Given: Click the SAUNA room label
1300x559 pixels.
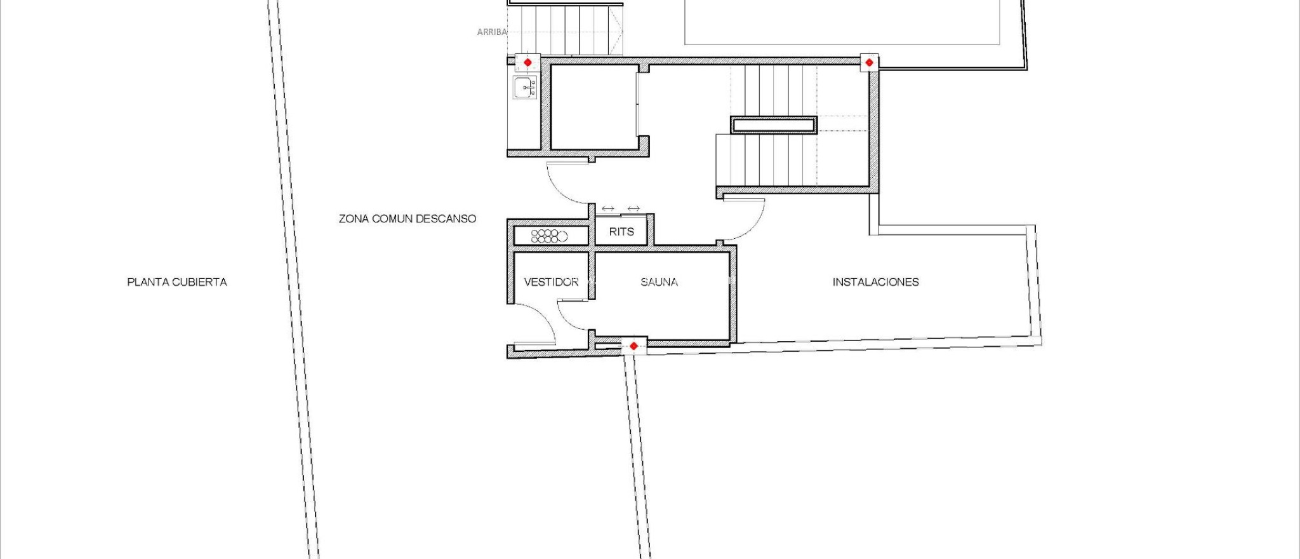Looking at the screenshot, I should pos(659,282).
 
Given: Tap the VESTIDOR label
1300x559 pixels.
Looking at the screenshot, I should pos(551,282).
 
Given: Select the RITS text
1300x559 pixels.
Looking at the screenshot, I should pos(621,232).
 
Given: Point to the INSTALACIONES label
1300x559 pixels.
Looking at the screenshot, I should pos(875,282).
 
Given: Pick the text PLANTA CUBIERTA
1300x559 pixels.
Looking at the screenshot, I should pos(176,282).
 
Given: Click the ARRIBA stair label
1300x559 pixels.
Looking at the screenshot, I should pos(491,32).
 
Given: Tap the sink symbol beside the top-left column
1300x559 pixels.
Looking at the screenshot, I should pos(525,88).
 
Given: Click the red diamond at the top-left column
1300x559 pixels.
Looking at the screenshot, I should pos(527,62).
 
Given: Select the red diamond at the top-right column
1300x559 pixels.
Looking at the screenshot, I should pos(869,62).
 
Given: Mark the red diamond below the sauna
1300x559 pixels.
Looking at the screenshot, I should pos(633,346).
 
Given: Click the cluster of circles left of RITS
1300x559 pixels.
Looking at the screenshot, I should pos(548,236).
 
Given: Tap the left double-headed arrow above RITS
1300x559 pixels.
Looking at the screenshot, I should pos(607,208).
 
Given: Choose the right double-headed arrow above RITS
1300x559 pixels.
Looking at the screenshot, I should pos(633,208).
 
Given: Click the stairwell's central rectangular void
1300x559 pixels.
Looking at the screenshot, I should pos(773,125).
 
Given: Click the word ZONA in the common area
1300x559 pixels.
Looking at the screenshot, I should pos(354,219).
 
